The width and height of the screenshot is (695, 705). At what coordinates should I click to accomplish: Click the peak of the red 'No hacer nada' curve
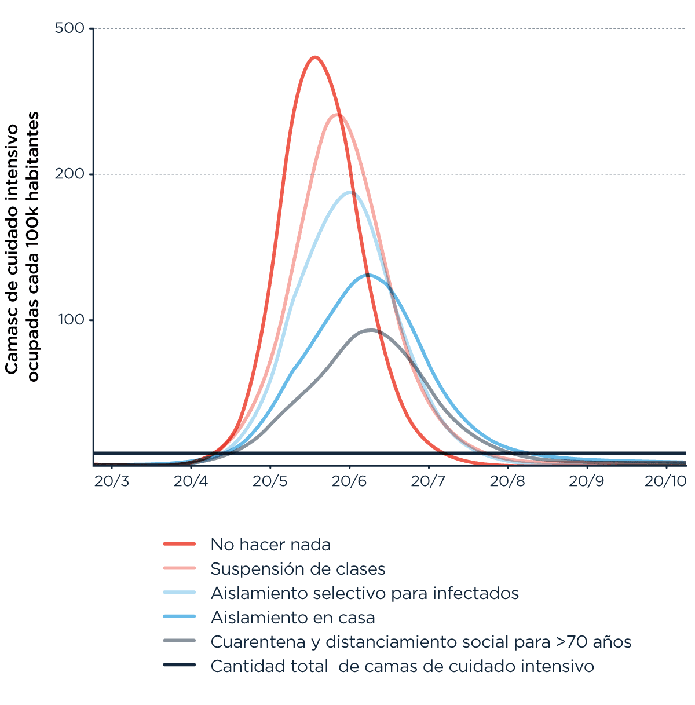[x=315, y=57]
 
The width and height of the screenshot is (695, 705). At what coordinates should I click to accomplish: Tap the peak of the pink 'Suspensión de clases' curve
[x=337, y=115]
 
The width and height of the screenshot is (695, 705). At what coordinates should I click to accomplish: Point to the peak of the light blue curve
[x=350, y=192]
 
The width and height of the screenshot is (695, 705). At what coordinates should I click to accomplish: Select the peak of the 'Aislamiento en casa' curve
[x=367, y=275]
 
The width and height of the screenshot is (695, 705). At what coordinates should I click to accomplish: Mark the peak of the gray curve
[x=371, y=330]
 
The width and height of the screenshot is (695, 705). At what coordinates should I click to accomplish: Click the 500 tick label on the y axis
[x=69, y=28]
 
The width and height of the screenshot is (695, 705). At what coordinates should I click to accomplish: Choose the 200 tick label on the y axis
[x=69, y=174]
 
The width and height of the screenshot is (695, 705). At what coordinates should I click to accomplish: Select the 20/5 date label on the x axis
[x=270, y=481]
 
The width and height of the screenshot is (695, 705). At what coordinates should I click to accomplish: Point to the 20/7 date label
[x=429, y=481]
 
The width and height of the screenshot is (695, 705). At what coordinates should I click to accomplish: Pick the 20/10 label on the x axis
[x=665, y=481]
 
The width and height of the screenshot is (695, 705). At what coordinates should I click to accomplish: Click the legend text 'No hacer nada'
[x=270, y=545]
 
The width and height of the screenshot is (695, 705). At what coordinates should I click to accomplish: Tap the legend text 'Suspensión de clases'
[x=298, y=569]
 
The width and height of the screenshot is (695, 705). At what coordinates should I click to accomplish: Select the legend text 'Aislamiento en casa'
[x=292, y=618]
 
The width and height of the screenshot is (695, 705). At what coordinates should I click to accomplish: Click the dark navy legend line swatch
[x=180, y=665]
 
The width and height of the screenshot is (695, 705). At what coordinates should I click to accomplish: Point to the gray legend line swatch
[x=180, y=641]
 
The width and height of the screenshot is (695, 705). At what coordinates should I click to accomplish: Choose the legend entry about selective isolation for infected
[x=364, y=593]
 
